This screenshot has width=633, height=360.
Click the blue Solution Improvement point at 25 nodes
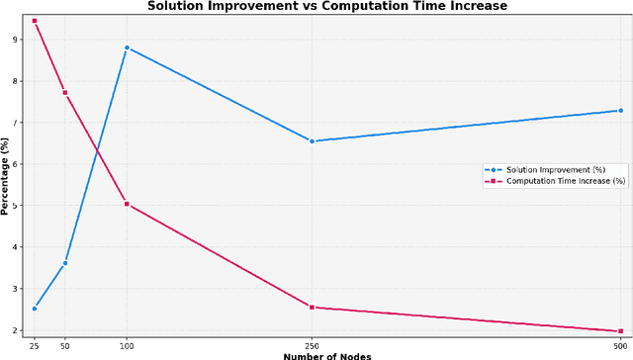pyautogui.click(x=35, y=309)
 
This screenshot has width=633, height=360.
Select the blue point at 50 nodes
pyautogui.click(x=65, y=263)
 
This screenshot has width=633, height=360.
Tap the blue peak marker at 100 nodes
pyautogui.click(x=127, y=47)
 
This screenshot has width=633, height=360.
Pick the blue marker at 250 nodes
pyautogui.click(x=312, y=141)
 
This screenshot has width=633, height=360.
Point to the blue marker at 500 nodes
pyautogui.click(x=620, y=111)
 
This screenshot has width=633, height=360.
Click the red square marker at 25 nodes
pyautogui.click(x=35, y=21)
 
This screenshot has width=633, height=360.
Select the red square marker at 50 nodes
pyautogui.click(x=65, y=93)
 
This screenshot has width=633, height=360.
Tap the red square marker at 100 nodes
pyautogui.click(x=127, y=204)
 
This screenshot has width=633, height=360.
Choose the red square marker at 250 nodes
pyautogui.click(x=312, y=307)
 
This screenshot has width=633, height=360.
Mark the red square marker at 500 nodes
pyautogui.click(x=620, y=331)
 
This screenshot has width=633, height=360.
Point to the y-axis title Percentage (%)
pyautogui.click(x=6, y=176)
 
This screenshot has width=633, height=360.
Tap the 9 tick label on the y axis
pyautogui.click(x=15, y=40)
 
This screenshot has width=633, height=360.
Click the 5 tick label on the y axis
pyautogui.click(x=15, y=206)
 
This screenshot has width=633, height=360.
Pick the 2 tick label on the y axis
pyautogui.click(x=15, y=330)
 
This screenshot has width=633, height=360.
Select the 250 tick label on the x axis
pyautogui.click(x=312, y=345)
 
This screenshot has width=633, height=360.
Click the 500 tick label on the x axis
pyautogui.click(x=620, y=345)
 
